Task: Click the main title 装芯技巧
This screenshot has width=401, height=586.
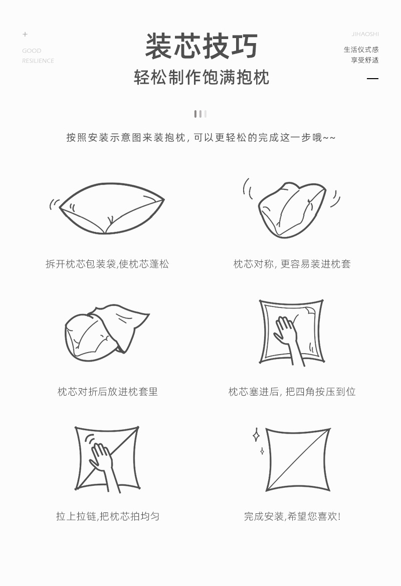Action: (x=201, y=47)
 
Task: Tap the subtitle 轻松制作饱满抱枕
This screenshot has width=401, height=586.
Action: (x=201, y=78)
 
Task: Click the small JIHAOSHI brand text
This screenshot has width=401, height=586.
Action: (x=365, y=34)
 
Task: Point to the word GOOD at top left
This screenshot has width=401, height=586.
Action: (x=32, y=51)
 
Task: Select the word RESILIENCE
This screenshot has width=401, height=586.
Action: (x=38, y=61)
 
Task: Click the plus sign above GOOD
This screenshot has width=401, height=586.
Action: (x=25, y=34)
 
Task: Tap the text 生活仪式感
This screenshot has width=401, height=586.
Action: (x=361, y=50)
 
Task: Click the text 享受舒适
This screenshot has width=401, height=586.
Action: (x=364, y=60)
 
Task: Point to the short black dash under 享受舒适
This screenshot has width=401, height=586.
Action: (x=372, y=79)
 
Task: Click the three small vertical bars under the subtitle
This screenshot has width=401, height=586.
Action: (x=200, y=114)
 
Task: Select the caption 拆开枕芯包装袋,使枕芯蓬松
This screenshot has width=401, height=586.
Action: (x=107, y=264)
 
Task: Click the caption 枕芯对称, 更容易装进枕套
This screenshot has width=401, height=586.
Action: (x=292, y=264)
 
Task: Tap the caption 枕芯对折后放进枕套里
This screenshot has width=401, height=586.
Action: (x=107, y=392)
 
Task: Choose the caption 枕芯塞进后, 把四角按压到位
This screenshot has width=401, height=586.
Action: (x=292, y=392)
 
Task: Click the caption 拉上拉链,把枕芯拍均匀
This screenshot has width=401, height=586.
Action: (x=107, y=516)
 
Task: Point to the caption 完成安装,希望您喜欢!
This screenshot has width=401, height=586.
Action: (x=292, y=516)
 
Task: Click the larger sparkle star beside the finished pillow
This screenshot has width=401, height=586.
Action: (x=256, y=435)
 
